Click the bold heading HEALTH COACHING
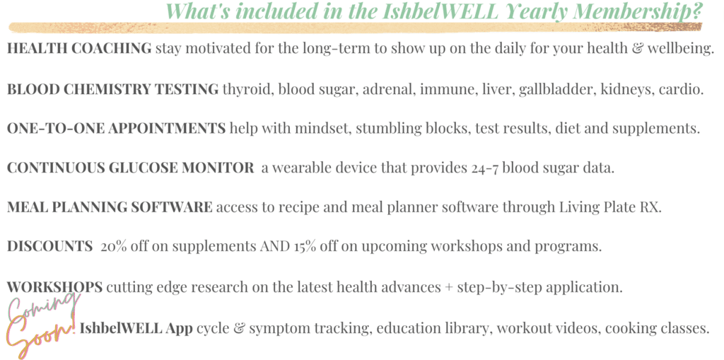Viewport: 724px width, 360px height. [79, 48]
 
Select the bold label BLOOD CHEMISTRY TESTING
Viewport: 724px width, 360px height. [112, 89]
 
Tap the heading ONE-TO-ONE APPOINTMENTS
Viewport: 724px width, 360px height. [117, 128]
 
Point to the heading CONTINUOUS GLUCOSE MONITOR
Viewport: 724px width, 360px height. [130, 168]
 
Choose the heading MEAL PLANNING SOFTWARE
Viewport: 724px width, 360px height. [110, 207]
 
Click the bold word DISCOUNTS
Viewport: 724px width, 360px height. [50, 246]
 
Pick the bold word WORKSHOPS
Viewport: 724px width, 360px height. [54, 287]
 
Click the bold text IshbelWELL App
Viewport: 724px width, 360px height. [136, 329]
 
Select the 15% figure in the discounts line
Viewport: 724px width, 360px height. [305, 246]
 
